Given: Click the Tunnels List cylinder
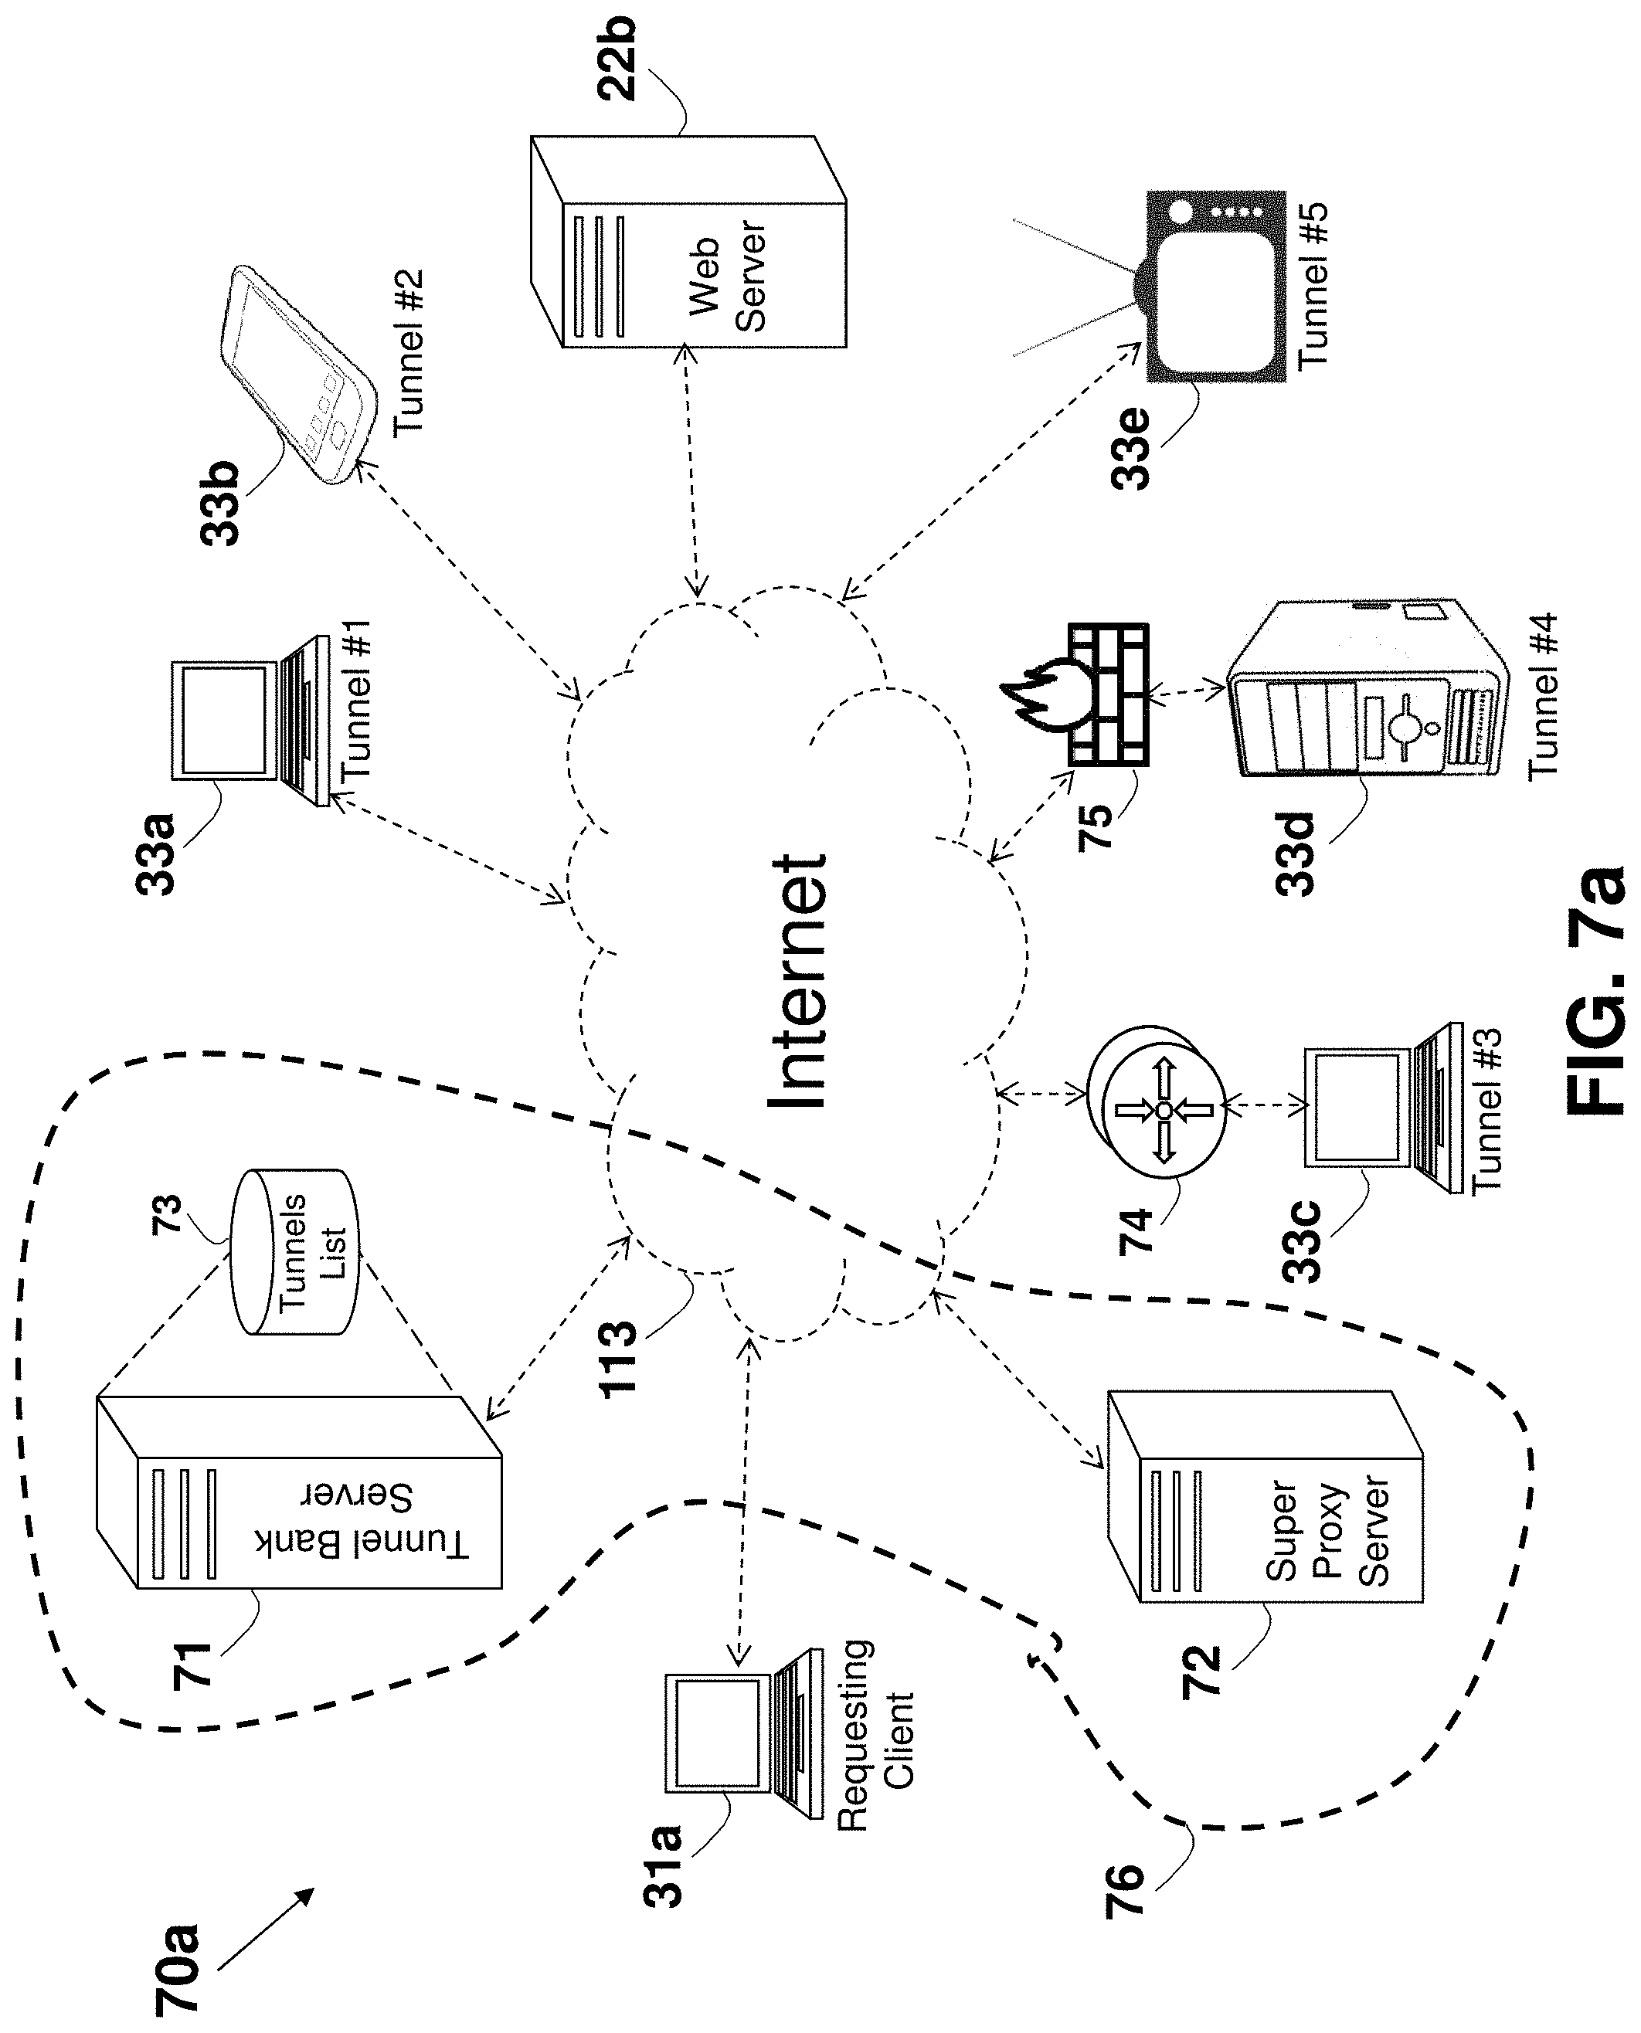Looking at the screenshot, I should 294,1252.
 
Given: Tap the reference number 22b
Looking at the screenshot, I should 617,59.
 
